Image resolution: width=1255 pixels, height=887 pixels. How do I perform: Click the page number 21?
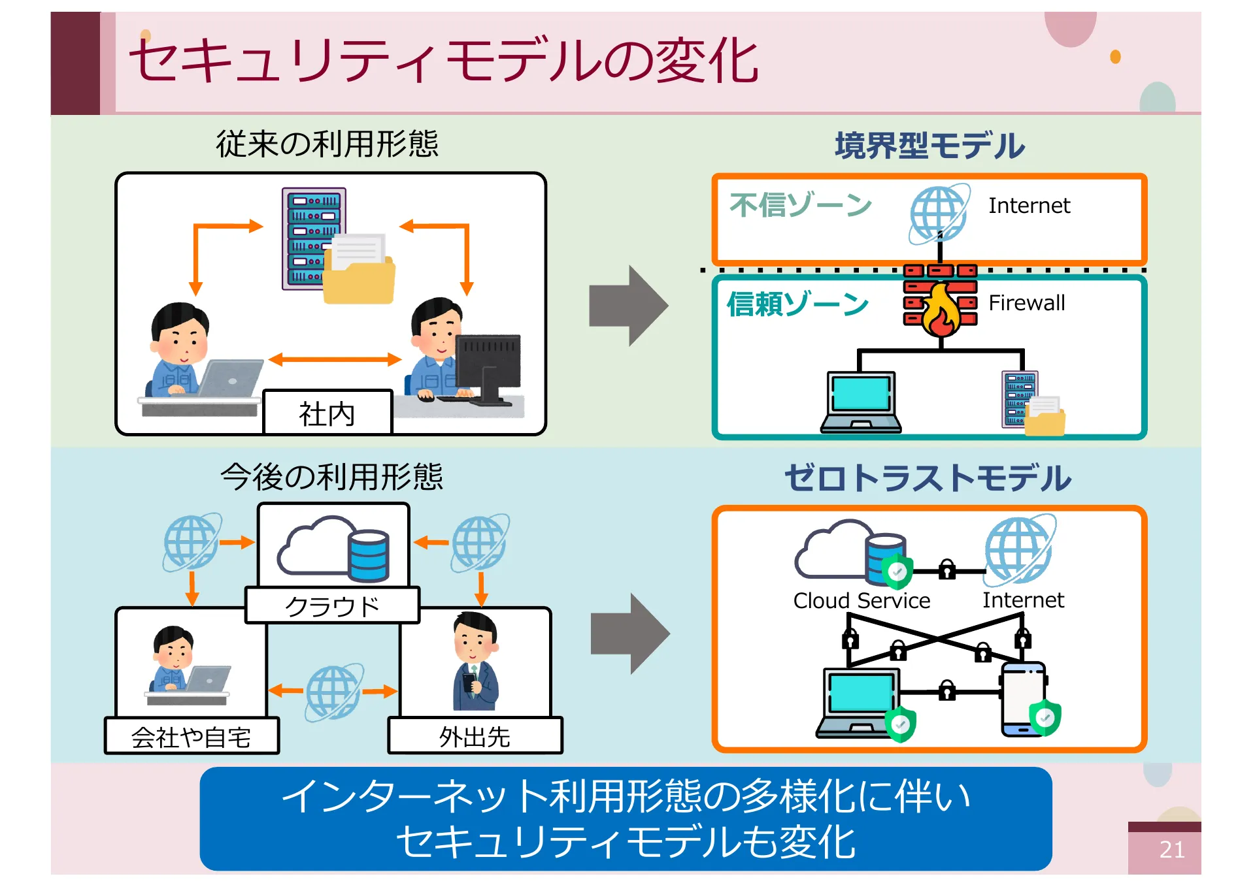(x=1171, y=849)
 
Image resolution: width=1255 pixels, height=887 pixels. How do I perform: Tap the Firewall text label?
(x=1026, y=303)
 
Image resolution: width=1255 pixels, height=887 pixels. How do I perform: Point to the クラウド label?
(x=332, y=606)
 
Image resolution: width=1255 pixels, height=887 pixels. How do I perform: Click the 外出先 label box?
(x=475, y=737)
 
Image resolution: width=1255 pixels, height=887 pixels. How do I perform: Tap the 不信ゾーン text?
(x=801, y=205)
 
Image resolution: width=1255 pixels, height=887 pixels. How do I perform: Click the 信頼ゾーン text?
(x=798, y=304)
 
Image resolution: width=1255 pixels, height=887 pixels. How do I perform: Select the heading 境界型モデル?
(x=929, y=146)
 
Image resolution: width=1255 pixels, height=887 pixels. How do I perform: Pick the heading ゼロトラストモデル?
(x=928, y=478)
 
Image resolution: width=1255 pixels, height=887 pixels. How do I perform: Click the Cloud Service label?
(x=862, y=600)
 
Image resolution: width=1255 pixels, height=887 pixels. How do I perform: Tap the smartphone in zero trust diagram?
(x=1024, y=699)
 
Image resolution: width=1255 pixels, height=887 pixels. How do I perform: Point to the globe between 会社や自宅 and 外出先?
(x=333, y=692)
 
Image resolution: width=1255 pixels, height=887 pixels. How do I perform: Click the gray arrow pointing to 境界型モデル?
(x=628, y=306)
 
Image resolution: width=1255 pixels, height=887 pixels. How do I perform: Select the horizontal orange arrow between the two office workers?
(x=335, y=359)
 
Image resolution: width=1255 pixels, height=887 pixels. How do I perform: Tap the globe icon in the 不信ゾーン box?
(x=939, y=214)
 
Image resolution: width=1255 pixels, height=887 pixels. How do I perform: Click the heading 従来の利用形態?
(x=327, y=144)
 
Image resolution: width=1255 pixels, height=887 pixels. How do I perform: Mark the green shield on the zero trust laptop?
(x=901, y=724)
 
